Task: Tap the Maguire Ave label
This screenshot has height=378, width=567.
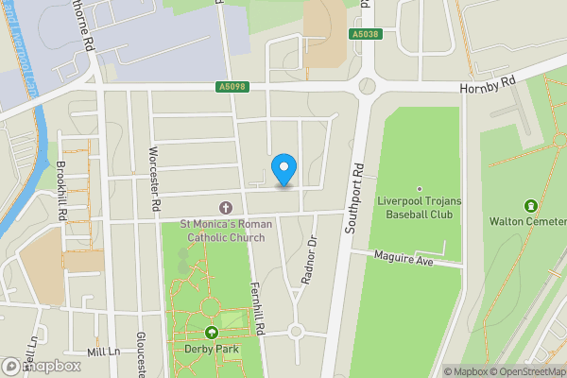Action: (x=403, y=257)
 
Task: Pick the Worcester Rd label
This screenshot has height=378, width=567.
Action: (x=152, y=180)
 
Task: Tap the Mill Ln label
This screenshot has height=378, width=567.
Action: (x=103, y=351)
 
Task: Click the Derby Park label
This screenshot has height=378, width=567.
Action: (x=212, y=349)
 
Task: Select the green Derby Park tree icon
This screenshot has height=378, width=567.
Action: (x=212, y=333)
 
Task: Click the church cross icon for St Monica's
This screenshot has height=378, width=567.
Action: (x=226, y=207)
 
